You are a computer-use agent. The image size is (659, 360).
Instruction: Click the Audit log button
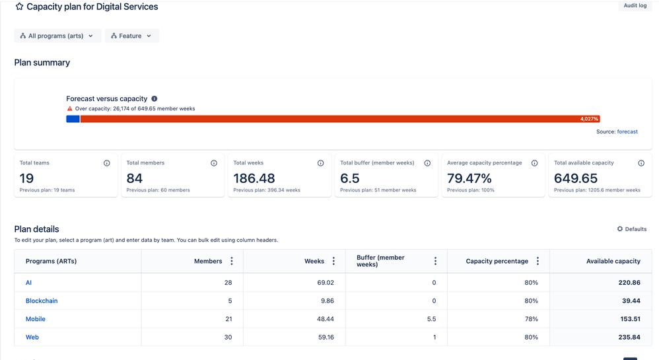pos(635,6)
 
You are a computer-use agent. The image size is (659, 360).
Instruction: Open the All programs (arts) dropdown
pos(57,36)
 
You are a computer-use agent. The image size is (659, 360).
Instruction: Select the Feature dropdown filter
pos(132,36)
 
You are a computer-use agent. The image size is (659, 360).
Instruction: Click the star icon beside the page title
pos(19,7)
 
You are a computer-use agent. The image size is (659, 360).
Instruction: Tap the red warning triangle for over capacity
pos(70,108)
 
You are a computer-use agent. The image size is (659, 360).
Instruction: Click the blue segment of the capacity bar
pos(73,119)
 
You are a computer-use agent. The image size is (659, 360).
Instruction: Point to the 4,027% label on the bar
pos(589,119)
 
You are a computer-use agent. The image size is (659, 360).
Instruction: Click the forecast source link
pos(627,131)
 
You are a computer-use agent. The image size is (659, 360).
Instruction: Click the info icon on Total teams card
pos(107,163)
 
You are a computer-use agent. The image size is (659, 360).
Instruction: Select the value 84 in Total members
pos(135,178)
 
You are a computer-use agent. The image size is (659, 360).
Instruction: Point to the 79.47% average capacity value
pos(469,178)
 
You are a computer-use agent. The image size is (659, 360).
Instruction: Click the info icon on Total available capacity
pos(641,163)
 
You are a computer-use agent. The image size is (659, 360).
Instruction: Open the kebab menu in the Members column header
pos(232,261)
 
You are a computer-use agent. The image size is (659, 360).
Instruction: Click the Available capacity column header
pos(613,261)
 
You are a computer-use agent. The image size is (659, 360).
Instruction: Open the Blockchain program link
pos(42,301)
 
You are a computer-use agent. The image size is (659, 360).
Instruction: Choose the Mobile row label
pos(36,319)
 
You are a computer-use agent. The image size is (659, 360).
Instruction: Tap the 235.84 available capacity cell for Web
pos(627,337)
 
